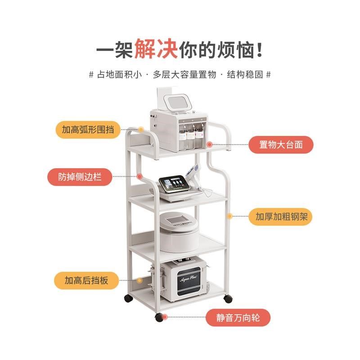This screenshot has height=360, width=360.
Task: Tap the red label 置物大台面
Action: (x=280, y=145)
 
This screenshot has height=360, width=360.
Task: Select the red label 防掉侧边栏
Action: (x=80, y=176)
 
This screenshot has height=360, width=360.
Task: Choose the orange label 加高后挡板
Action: (x=86, y=280)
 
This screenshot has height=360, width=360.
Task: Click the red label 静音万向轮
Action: (x=238, y=318)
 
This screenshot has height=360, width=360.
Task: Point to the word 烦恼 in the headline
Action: (x=229, y=48)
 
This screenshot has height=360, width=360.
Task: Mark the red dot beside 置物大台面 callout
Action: (x=209, y=144)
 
